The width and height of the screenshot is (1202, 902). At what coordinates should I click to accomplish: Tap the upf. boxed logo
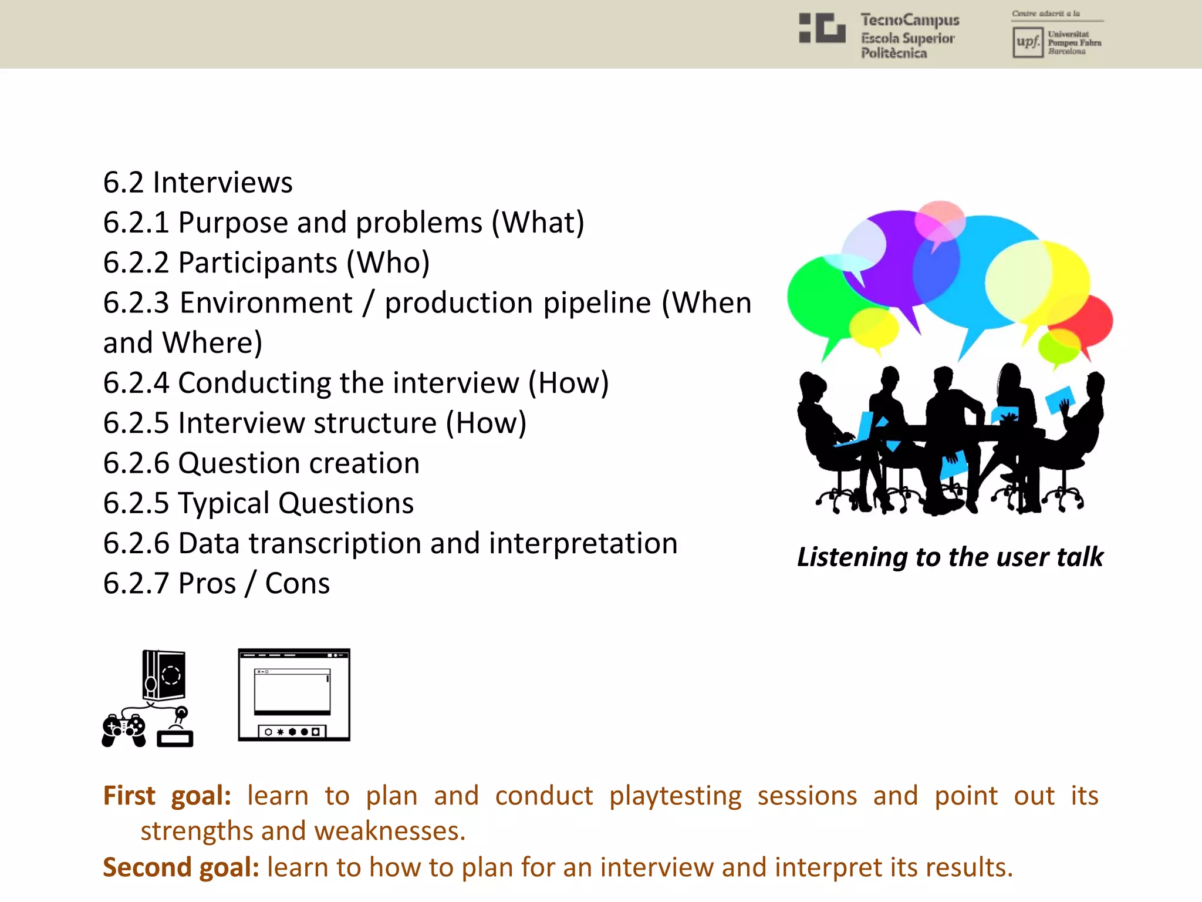1027,42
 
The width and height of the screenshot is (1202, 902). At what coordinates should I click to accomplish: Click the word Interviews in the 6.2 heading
222,182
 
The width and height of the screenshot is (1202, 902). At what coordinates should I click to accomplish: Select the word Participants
258,262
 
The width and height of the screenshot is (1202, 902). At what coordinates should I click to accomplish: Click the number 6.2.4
136,383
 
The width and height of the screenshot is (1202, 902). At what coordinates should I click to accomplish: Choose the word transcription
335,543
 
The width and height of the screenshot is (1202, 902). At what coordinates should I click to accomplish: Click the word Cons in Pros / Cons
297,584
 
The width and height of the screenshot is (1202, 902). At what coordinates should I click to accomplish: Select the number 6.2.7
136,584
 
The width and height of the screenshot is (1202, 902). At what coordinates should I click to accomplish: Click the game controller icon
124,731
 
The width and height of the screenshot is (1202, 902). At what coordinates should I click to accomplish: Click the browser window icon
293,695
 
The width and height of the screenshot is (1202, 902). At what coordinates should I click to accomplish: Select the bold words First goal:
167,796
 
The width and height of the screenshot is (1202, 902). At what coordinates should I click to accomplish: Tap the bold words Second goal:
181,867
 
